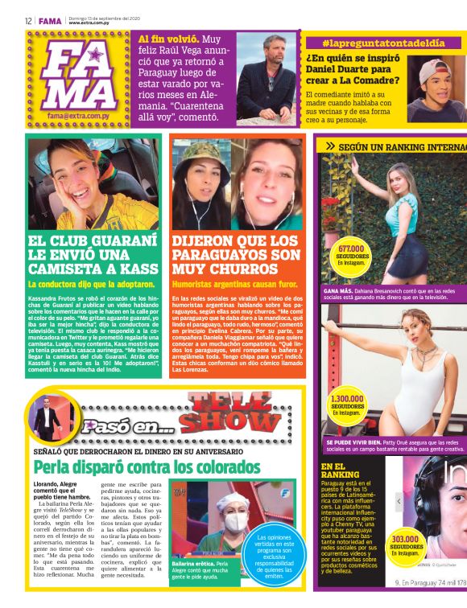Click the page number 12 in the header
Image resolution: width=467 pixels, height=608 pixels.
27,21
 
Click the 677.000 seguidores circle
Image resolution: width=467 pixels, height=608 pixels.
352,255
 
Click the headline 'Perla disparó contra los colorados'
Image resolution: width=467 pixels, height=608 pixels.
147,466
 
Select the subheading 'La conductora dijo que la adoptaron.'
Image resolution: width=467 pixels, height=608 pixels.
92,284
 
